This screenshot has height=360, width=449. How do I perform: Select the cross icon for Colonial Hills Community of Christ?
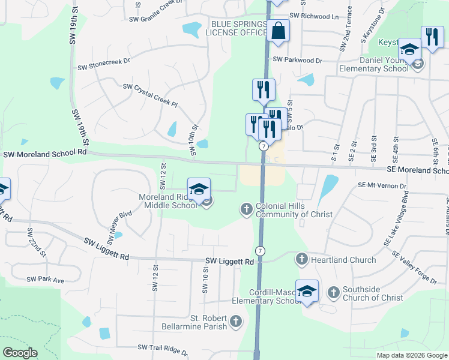coord(246,209)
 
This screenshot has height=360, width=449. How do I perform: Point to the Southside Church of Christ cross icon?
coord(333,293)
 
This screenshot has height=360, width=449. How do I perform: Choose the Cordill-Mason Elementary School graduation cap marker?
coord(307,292)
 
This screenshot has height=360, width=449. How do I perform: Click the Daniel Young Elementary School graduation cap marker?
coord(409,49)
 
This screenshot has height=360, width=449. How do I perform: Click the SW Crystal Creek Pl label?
coord(150,95)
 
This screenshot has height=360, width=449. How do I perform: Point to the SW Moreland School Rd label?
coord(45,154)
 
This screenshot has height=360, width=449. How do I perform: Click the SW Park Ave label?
coord(45,280)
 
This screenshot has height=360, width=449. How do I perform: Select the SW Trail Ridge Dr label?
coord(163,348)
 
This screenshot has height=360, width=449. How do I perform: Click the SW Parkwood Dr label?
coord(297,60)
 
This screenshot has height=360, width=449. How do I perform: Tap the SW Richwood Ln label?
coord(313,16)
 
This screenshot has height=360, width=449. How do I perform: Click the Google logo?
coord(20,353)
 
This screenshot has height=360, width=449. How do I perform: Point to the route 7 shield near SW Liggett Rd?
coord(260,250)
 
